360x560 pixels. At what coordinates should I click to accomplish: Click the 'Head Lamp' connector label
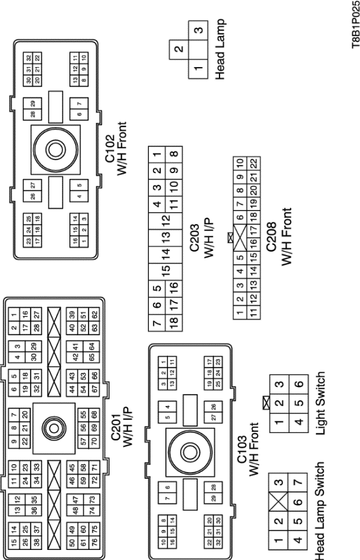[229, 50]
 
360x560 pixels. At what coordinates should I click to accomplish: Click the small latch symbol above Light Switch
[264, 401]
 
